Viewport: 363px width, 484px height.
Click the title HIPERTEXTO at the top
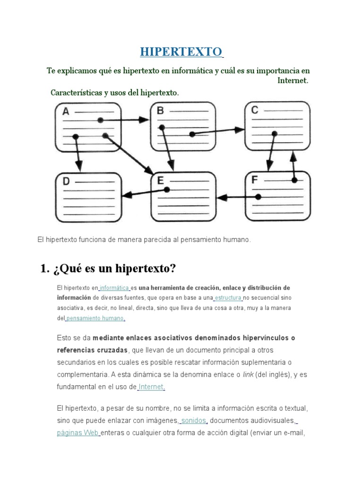click(x=181, y=52)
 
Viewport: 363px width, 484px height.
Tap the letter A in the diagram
click(x=66, y=112)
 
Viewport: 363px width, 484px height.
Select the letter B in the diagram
click(x=160, y=111)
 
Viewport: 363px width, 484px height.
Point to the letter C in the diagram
click(x=255, y=111)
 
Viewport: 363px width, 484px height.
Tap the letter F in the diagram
click(x=255, y=180)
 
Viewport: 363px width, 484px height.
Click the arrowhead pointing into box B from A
click(x=144, y=120)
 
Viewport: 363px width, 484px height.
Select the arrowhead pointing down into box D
click(x=78, y=166)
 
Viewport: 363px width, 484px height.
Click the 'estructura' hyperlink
click(x=229, y=298)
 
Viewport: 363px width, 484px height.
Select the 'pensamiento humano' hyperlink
click(x=95, y=319)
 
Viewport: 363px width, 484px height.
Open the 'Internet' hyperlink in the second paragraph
click(x=151, y=387)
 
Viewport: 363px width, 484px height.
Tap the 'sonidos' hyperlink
click(x=194, y=421)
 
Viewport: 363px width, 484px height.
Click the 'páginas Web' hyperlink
click(x=78, y=432)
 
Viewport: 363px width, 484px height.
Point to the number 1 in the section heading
click(x=45, y=269)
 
